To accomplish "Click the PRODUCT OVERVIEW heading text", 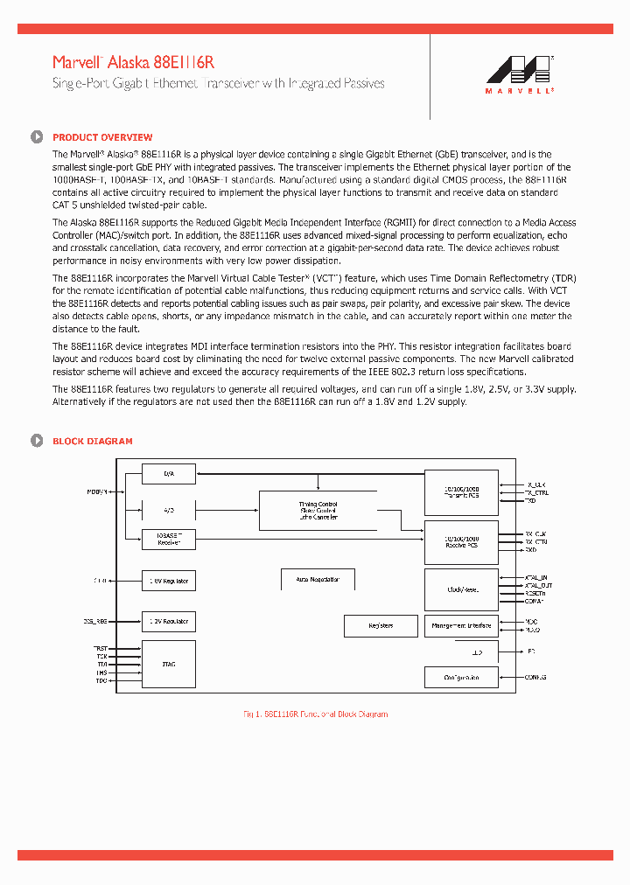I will [x=102, y=137].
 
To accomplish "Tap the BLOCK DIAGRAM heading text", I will [x=93, y=442].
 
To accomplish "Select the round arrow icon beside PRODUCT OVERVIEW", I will [x=37, y=137].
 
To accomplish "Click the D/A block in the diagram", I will [x=169, y=474].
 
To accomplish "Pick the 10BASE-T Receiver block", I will [x=169, y=540].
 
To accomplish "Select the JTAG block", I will [x=169, y=665].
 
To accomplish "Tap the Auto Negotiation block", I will [x=312, y=579].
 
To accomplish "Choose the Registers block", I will [x=381, y=626].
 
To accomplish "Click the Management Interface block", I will [x=461, y=626].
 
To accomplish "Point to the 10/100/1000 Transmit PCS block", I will [x=461, y=492].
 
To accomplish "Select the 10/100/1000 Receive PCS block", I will [x=461, y=542].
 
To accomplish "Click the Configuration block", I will [x=461, y=678].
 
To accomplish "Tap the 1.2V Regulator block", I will [x=169, y=622].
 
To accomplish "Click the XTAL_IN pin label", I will [x=535, y=577].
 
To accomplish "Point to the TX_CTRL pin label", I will [x=537, y=492].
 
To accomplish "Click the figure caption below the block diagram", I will [x=315, y=714].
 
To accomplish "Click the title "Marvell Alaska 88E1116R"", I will [x=133, y=62].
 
